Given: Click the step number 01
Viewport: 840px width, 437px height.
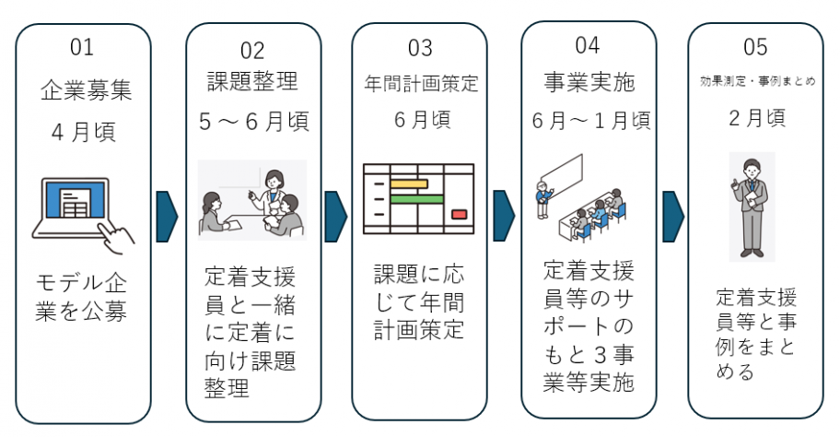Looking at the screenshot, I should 82,46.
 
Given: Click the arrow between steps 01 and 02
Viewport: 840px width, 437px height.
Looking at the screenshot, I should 167,218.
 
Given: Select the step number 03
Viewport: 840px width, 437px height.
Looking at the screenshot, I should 419,47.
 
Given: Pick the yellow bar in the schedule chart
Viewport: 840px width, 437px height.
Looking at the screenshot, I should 409,183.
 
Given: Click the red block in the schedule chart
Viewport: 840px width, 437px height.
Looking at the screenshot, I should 459,215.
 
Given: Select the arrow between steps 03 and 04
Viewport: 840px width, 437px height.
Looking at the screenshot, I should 504,218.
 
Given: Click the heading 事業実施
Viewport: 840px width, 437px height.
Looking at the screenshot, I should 589,82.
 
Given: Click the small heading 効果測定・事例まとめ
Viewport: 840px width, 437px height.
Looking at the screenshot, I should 755,81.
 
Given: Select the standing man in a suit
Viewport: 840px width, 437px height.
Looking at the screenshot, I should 753,205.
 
